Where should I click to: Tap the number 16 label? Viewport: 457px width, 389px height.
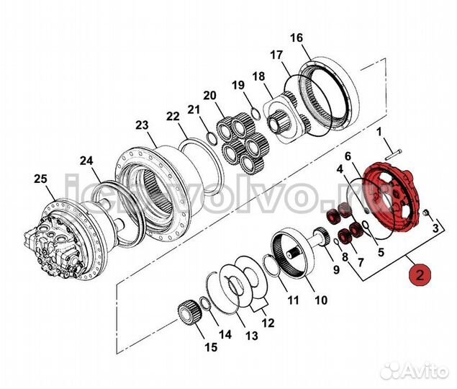pos(297,37)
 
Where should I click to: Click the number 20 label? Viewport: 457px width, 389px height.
pos(209,95)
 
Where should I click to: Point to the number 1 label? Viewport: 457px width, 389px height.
pos(380,133)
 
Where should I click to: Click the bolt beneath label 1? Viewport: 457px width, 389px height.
pos(392,153)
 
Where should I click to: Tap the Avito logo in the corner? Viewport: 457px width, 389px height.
pos(415,370)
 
